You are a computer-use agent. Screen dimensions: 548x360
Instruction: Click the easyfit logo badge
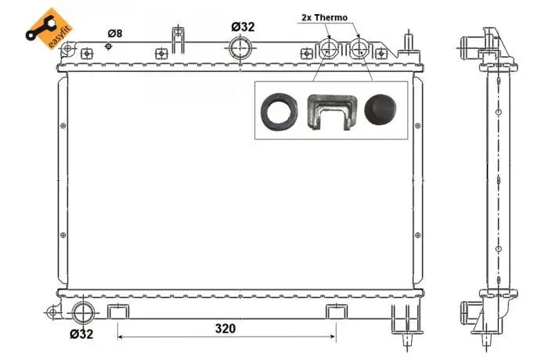pos(49,29)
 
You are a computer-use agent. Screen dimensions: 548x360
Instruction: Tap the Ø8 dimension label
pos(114,33)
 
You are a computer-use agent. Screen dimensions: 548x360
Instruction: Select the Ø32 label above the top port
pos(243,27)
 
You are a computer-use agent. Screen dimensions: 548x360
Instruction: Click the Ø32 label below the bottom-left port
pos(81,334)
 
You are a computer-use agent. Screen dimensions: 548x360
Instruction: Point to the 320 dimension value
pos(225,329)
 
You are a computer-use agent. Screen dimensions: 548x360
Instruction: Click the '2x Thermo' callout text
pos(325,17)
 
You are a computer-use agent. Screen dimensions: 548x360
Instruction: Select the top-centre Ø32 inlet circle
pos(240,49)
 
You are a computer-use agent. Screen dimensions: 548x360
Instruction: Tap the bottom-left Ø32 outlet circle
pos(84,313)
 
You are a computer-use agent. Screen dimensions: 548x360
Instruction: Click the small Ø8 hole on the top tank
pos(108,46)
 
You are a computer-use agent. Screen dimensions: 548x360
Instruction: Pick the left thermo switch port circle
pos(328,49)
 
